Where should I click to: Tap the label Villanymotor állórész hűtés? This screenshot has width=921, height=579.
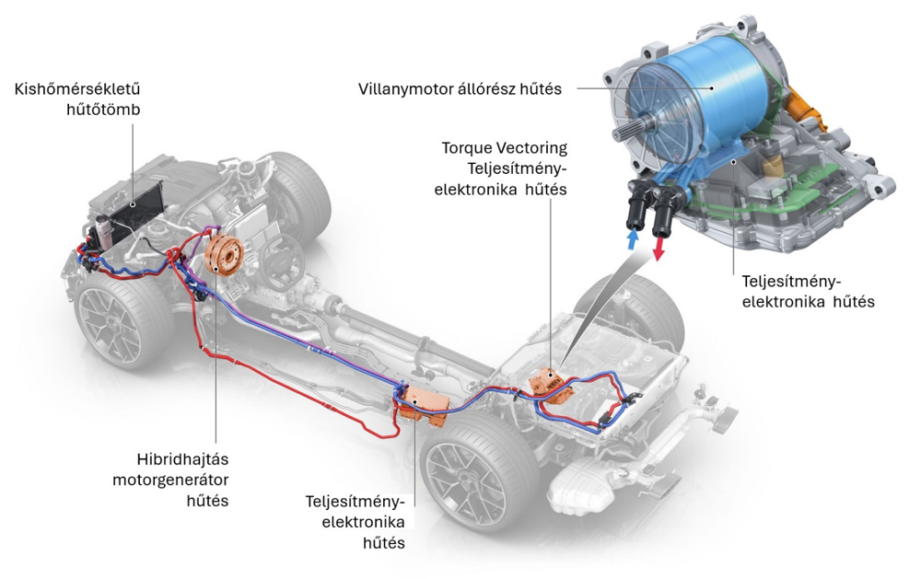click(x=461, y=89)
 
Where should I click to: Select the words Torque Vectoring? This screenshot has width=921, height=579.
click(x=504, y=147)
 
